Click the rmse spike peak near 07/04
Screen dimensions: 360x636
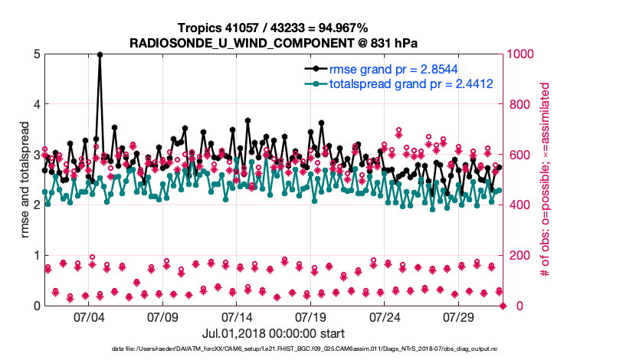(x=100, y=54)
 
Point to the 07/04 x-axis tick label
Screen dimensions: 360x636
(x=89, y=316)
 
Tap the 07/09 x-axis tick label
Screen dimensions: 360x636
(x=162, y=316)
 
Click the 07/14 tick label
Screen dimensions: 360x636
(x=237, y=316)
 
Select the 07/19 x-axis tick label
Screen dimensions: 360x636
(x=311, y=316)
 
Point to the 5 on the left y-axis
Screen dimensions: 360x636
(x=36, y=54)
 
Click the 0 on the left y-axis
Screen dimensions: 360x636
(x=36, y=306)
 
